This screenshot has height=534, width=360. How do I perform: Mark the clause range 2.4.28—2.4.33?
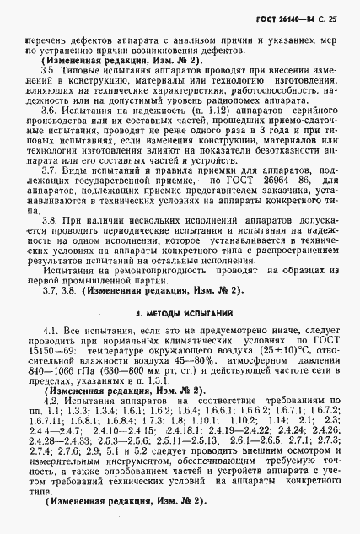click(x=54, y=440)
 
